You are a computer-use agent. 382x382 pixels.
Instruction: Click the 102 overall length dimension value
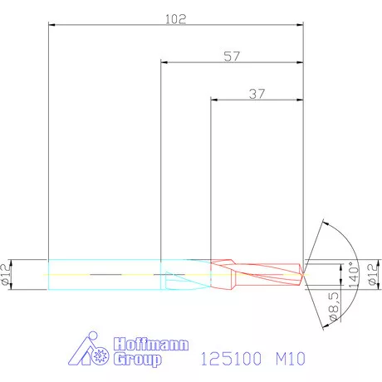coord(176,17)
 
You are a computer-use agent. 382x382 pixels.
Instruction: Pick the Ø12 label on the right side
coord(372,274)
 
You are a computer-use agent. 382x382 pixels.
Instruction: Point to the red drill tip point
coord(304,272)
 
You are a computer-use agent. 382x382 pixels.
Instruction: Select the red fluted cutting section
coord(257,272)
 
